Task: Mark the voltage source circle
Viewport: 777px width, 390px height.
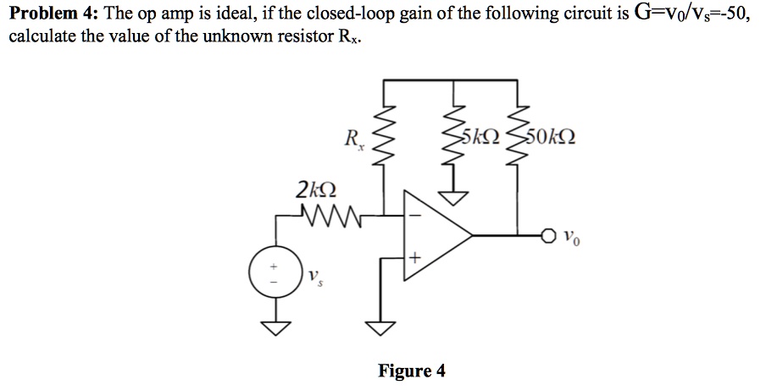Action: [x=273, y=272]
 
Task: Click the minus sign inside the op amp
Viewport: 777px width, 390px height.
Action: [x=414, y=214]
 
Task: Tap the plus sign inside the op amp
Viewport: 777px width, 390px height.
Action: [x=414, y=255]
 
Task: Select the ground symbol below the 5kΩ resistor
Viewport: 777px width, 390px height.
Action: [x=456, y=197]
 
